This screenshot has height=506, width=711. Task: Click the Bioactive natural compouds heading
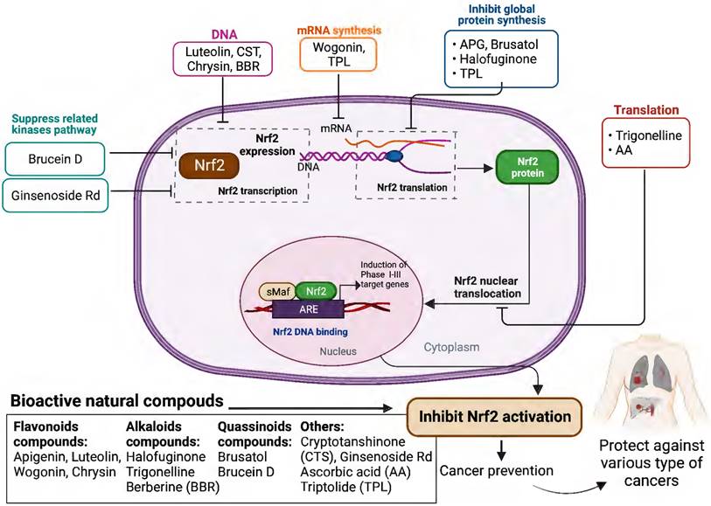pyautogui.click(x=114, y=401)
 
